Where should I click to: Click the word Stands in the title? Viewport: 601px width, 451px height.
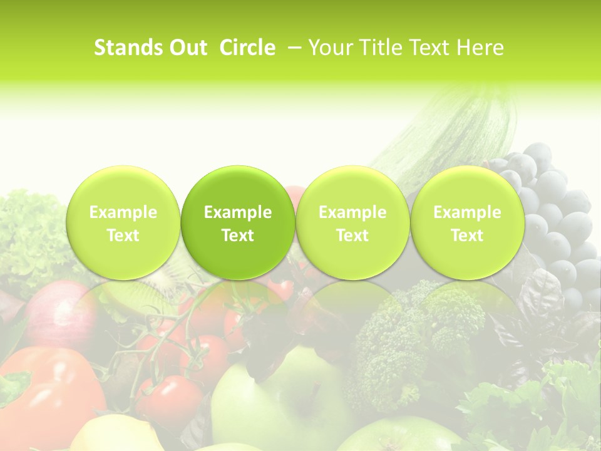pyautogui.click(x=128, y=48)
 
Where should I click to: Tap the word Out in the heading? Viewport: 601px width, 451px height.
pyautogui.click(x=187, y=48)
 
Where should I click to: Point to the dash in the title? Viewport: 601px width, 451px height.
pyautogui.click(x=295, y=48)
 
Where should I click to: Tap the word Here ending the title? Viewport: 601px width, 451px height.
pyautogui.click(x=480, y=48)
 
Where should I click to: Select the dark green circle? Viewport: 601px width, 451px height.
pyautogui.click(x=238, y=222)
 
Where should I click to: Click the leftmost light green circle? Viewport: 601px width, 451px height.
pyautogui.click(x=123, y=222)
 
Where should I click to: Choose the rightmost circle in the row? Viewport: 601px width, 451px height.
pyautogui.click(x=467, y=222)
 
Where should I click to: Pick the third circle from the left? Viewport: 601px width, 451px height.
pyautogui.click(x=352, y=222)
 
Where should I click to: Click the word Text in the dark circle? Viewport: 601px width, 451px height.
pyautogui.click(x=238, y=236)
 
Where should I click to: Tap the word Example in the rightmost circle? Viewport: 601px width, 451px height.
pyautogui.click(x=467, y=212)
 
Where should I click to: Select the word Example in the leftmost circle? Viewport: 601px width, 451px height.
pyautogui.click(x=123, y=212)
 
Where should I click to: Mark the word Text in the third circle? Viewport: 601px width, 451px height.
pyautogui.click(x=352, y=236)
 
